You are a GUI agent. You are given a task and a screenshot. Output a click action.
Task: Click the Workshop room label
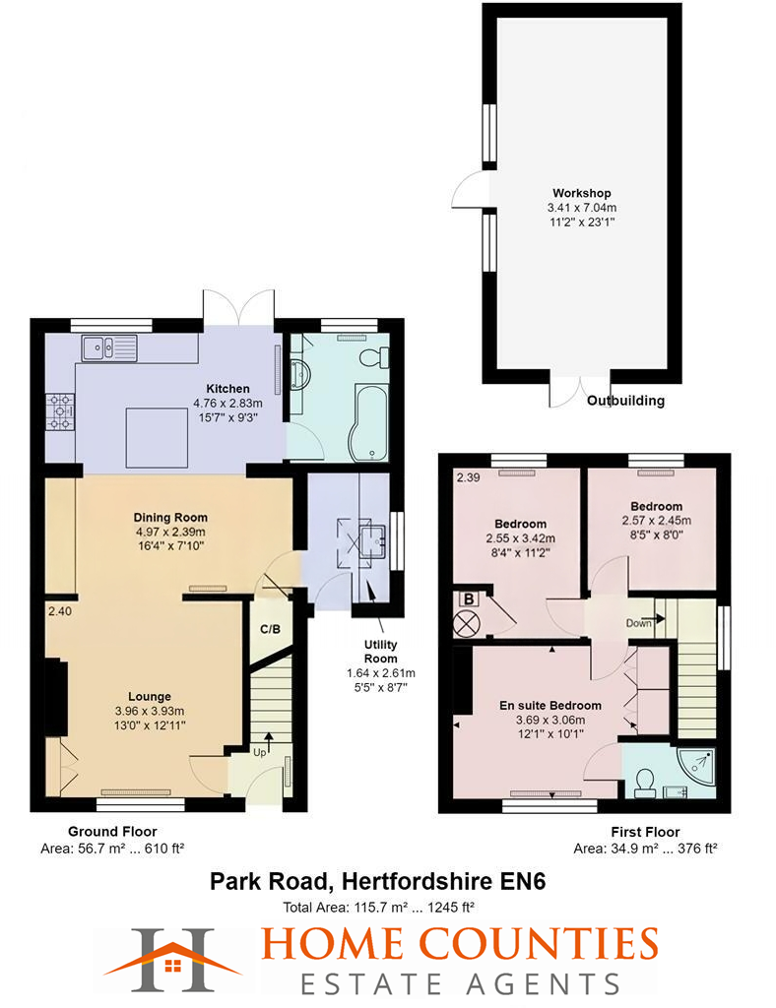(582, 192)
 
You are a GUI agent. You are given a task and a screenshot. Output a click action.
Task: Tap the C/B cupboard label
(269, 629)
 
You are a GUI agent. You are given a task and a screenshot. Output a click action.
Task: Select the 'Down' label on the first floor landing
(638, 622)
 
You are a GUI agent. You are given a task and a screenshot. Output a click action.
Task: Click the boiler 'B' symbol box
(469, 598)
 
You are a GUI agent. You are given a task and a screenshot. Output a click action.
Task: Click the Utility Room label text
(380, 652)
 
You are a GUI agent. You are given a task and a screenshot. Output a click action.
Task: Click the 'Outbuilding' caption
(625, 401)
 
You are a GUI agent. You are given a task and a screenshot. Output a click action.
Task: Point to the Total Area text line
(377, 907)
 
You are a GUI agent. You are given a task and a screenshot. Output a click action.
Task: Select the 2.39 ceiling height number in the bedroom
(468, 478)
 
